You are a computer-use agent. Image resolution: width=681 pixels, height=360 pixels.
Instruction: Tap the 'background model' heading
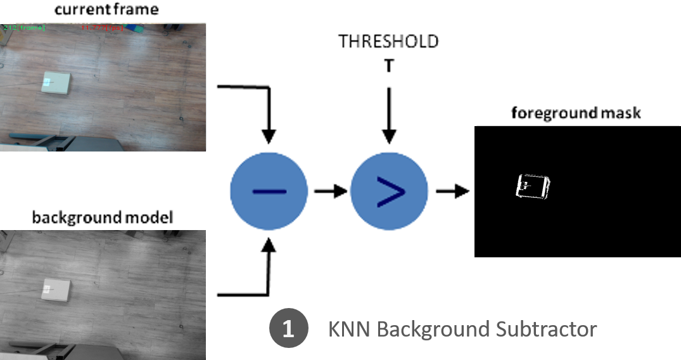(x=102, y=218)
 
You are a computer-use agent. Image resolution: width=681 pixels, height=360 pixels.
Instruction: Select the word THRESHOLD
(x=388, y=42)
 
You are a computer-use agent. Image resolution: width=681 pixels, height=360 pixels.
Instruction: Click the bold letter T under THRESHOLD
(x=388, y=65)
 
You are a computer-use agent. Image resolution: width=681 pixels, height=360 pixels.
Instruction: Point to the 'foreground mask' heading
(x=576, y=113)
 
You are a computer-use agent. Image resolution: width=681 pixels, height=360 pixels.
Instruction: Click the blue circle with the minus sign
(x=269, y=191)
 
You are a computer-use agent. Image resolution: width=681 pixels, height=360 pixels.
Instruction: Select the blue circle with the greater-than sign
(x=390, y=191)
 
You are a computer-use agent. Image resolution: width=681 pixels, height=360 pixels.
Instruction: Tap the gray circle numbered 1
(x=288, y=329)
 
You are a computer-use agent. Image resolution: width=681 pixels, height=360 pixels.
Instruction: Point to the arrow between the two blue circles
(x=329, y=191)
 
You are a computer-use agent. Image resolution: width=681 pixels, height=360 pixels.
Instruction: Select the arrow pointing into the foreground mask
(x=451, y=191)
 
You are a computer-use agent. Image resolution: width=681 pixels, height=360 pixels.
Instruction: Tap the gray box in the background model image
(x=56, y=290)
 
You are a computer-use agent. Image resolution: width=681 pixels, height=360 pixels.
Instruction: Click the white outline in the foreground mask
(x=533, y=186)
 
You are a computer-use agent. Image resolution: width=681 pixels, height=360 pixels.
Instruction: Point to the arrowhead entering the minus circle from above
(x=269, y=136)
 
